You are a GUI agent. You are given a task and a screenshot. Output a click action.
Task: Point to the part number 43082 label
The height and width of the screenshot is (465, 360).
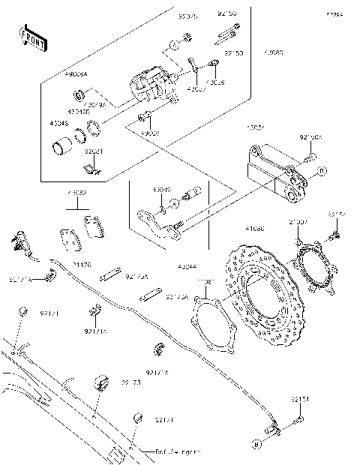[76, 193]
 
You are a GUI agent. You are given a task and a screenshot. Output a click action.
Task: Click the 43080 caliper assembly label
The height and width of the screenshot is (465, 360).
[273, 52]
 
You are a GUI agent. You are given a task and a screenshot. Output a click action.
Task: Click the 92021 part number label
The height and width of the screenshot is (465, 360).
[92, 151]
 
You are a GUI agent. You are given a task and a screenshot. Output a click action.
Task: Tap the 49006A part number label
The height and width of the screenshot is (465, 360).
[77, 75]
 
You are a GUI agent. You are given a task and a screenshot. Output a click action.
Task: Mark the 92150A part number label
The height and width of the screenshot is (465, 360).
[310, 137]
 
